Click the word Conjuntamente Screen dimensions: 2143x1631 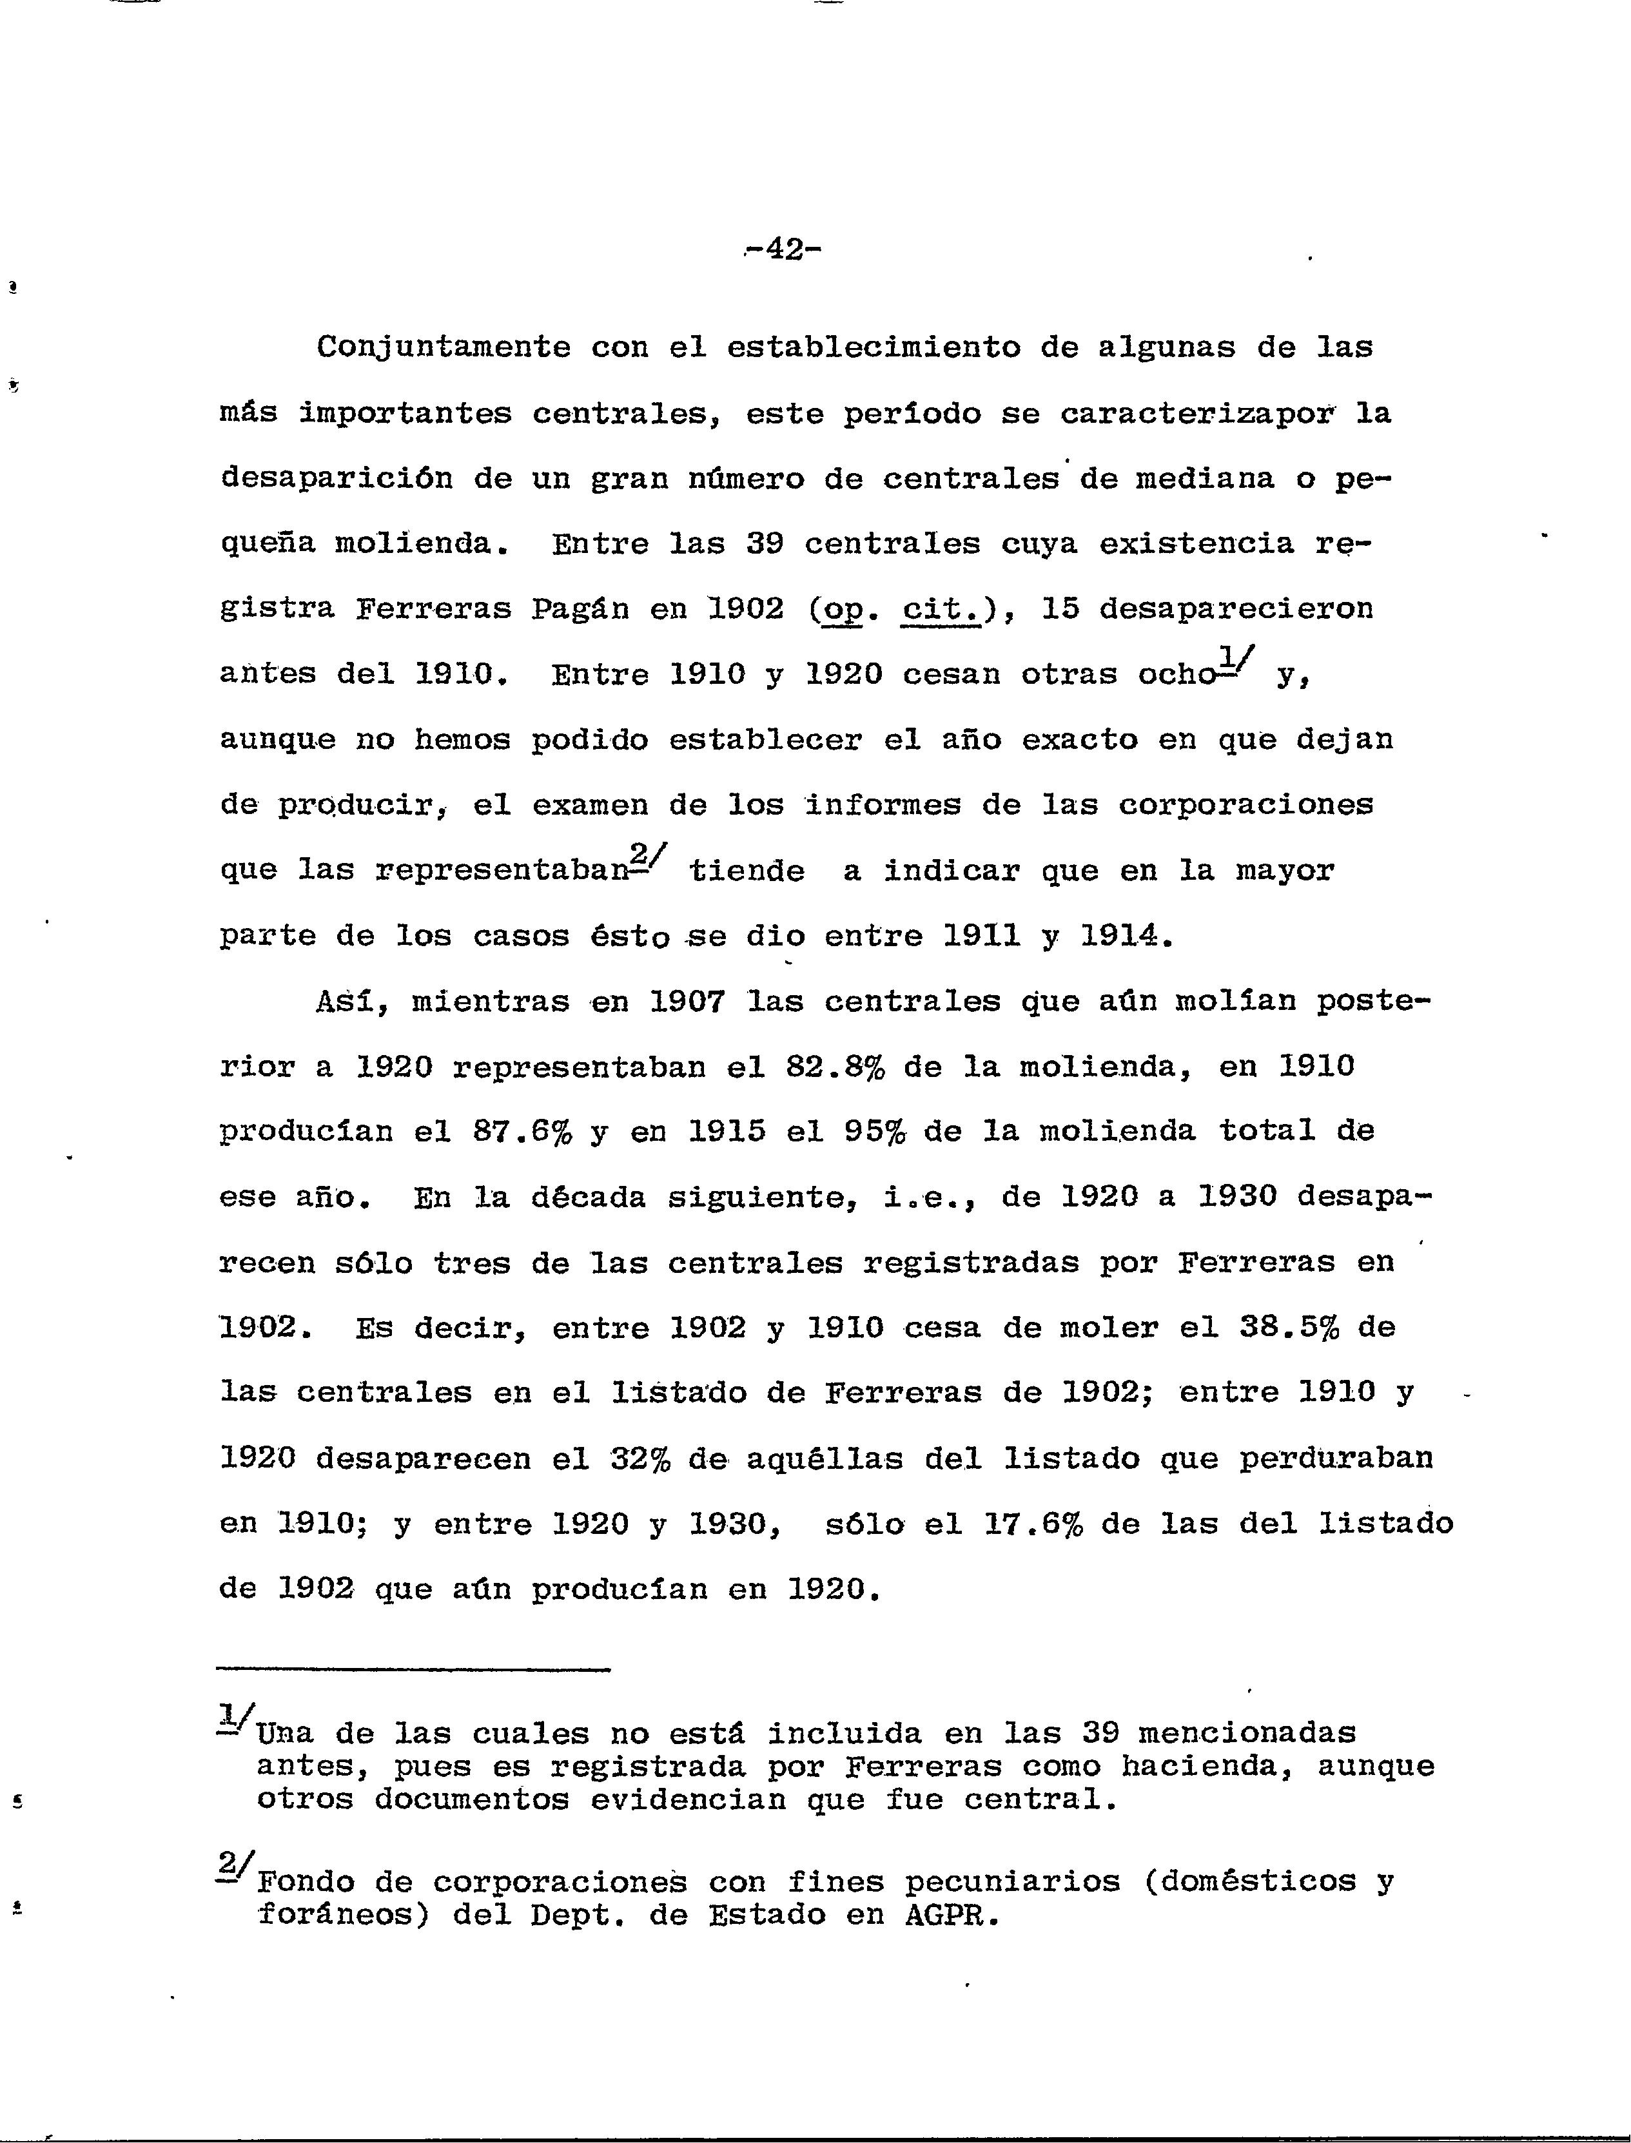pos(444,347)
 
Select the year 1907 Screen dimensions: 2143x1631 pos(687,1002)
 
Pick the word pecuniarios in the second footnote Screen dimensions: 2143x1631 pos(1011,1883)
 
